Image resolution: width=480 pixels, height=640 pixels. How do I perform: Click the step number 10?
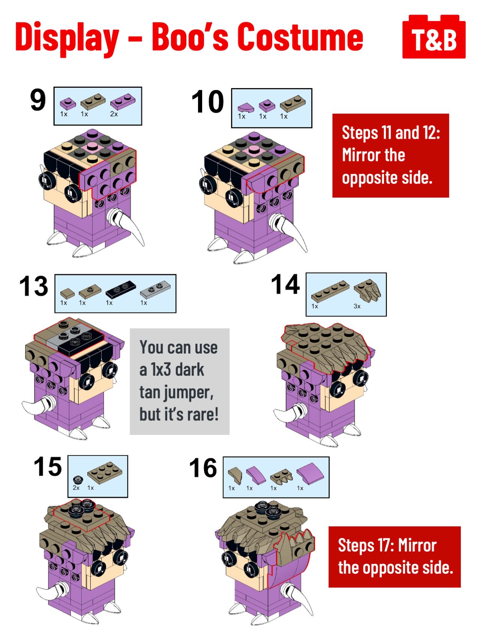(207, 102)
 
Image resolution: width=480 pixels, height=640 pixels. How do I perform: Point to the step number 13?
(34, 286)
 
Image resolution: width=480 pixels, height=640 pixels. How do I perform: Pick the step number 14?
(285, 284)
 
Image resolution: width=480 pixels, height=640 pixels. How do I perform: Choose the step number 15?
(48, 467)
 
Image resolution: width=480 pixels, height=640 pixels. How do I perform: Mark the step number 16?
(203, 468)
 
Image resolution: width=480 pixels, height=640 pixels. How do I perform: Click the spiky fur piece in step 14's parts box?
(367, 291)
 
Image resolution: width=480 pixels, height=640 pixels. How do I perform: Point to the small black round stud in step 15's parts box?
(78, 479)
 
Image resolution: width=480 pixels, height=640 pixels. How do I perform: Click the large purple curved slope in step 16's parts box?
(310, 473)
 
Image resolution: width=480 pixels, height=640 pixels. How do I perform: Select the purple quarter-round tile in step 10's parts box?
(246, 108)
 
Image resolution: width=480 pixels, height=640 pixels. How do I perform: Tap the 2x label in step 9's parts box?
(114, 114)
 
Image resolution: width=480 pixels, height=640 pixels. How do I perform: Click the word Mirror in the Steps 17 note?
(417, 545)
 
